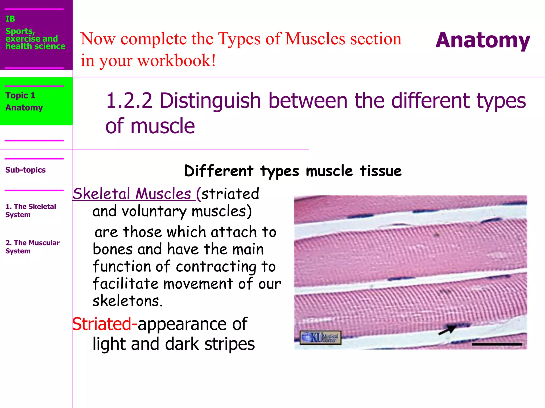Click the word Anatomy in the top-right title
click(x=483, y=40)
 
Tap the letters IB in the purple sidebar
click(x=10, y=19)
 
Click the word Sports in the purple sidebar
click(x=20, y=31)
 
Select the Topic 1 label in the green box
click(x=20, y=95)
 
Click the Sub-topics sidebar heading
click(x=26, y=170)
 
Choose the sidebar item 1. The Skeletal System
click(x=31, y=210)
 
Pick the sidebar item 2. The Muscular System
click(x=32, y=247)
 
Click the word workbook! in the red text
click(x=176, y=61)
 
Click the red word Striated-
click(x=105, y=324)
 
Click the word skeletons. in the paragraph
click(x=127, y=301)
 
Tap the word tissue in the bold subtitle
click(x=381, y=171)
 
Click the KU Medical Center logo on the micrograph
click(x=320, y=338)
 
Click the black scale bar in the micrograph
click(x=497, y=344)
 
